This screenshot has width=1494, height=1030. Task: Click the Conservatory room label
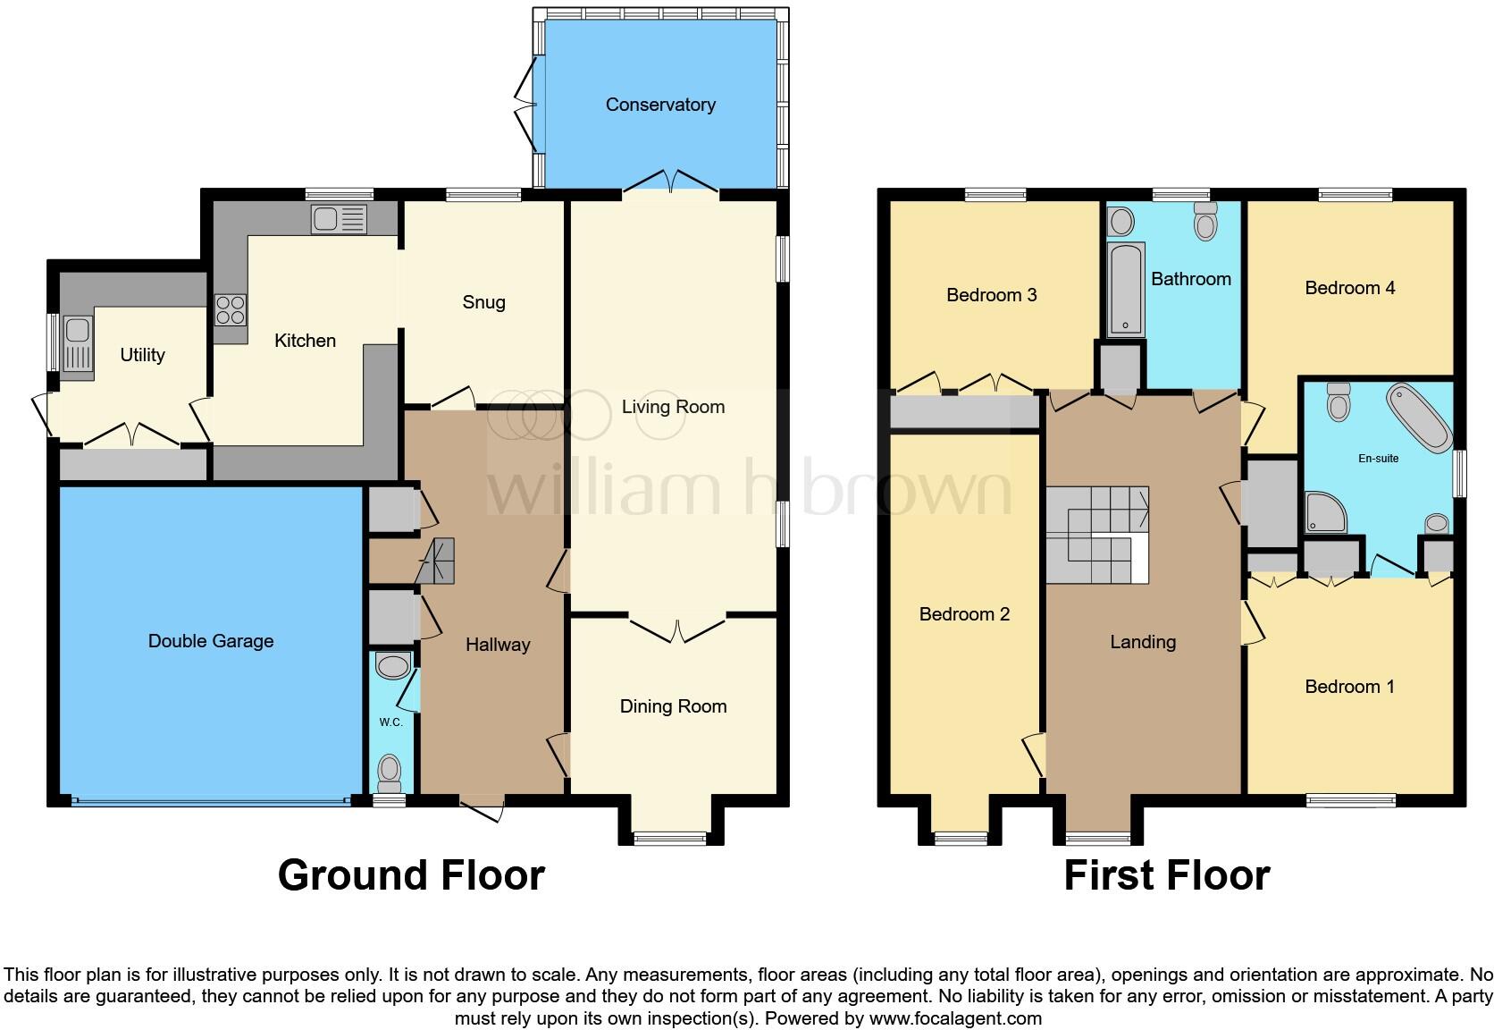point(660,105)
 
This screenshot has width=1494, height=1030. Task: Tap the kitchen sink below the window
point(339,219)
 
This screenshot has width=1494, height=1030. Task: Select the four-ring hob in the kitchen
point(231,310)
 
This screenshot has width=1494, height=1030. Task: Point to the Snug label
point(483,302)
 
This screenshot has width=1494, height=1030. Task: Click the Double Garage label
point(211,641)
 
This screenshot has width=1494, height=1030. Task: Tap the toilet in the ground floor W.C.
point(390,773)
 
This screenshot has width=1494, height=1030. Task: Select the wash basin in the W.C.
point(392,665)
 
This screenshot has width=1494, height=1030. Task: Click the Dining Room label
point(673,706)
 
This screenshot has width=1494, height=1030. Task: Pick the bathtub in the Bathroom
point(1125,290)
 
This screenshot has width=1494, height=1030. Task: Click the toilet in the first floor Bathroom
point(1206,221)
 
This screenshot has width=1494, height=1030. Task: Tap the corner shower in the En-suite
point(1325,512)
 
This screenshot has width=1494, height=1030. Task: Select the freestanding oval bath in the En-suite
point(1419,418)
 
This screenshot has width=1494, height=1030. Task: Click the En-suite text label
point(1379,459)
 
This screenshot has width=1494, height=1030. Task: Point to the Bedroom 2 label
point(964,614)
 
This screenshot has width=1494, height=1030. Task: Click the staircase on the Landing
point(1097,535)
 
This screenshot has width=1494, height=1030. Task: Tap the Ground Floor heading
point(412,876)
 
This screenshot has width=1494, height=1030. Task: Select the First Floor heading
point(1167,876)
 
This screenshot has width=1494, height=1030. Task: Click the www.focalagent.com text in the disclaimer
point(955,1018)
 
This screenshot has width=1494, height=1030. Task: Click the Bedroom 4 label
point(1350,289)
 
